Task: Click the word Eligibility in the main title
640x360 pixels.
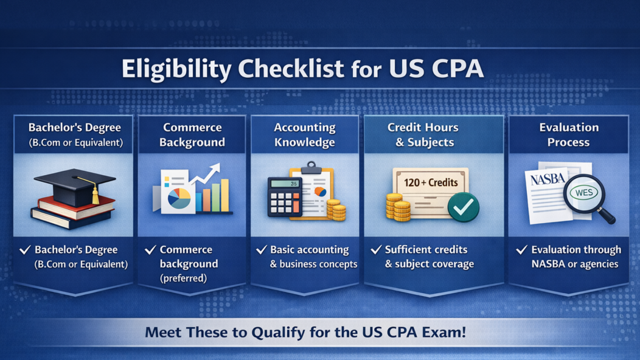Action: [x=177, y=69]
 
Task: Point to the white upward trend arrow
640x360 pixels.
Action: [x=205, y=174]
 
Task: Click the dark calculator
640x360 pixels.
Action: [x=285, y=196]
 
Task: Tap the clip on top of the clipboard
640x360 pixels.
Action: [x=311, y=167]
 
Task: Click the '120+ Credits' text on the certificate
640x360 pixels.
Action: [x=431, y=182]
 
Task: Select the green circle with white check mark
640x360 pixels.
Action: [x=463, y=207]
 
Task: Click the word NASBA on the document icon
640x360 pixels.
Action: [x=548, y=178]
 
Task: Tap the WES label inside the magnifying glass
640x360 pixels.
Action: [x=583, y=193]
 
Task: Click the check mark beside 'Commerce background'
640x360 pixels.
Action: [x=151, y=249]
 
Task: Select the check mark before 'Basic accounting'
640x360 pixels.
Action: [x=262, y=249]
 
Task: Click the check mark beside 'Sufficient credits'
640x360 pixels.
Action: [x=376, y=249]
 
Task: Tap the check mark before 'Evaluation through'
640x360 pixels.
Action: [x=521, y=249]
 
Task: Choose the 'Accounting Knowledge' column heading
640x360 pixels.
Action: [x=305, y=134]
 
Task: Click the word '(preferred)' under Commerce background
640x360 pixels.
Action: [x=183, y=279]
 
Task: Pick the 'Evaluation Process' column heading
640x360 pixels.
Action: [x=569, y=134]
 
